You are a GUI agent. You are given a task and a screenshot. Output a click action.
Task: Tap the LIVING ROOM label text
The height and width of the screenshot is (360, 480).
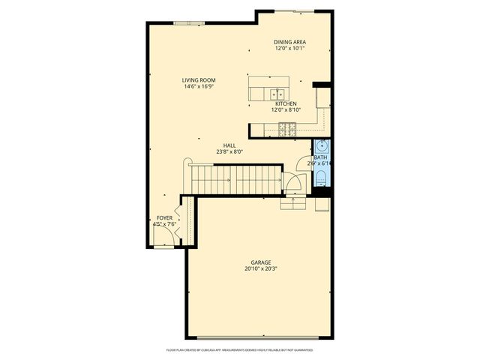point(199,80)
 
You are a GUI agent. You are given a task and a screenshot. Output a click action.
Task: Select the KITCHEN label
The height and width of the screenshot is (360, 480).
point(286,103)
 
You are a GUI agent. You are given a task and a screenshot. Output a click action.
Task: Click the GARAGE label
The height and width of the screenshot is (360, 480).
point(256,262)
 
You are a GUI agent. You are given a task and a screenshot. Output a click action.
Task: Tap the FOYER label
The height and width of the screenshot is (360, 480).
point(163,217)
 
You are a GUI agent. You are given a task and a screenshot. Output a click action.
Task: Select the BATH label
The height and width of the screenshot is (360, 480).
point(320,157)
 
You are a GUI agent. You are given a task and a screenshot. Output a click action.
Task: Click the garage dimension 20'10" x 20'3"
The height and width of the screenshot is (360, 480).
point(256,269)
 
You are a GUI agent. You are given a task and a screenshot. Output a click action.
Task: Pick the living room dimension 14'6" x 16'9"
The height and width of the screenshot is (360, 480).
point(199,86)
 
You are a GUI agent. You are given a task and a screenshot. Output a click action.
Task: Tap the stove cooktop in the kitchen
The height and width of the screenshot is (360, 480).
point(286,130)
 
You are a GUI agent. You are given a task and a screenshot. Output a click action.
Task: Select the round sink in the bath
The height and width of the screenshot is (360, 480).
point(322,145)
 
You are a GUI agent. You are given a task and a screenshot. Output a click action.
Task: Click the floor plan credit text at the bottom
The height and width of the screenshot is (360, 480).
point(239,350)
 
